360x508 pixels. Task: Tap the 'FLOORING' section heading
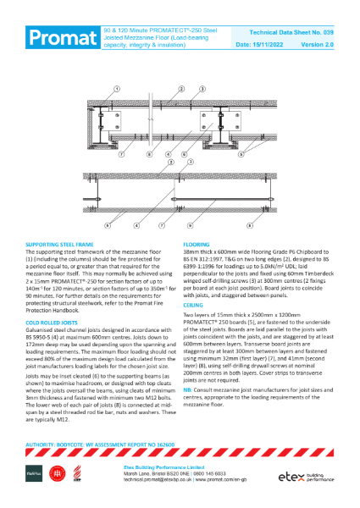tap(197, 243)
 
